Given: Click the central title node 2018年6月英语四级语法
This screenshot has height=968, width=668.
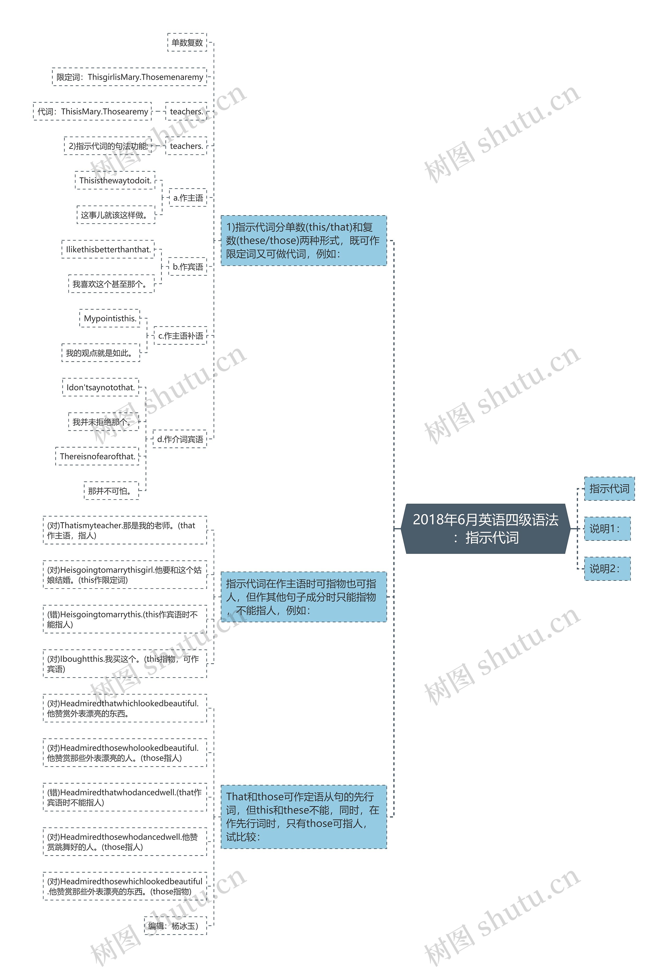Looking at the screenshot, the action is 486,528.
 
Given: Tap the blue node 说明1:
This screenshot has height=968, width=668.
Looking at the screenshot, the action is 607,529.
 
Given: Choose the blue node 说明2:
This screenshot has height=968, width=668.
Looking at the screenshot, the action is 607,568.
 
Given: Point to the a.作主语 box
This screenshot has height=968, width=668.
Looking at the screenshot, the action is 188,198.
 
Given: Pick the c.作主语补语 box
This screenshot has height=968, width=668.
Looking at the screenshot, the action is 180,336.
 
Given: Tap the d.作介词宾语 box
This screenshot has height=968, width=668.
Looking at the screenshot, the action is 180,439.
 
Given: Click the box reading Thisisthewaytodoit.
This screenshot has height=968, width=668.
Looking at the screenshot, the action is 115,180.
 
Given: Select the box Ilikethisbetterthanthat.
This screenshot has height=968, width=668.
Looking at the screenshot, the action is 108,249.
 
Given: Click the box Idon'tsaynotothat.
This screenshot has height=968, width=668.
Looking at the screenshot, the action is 100,388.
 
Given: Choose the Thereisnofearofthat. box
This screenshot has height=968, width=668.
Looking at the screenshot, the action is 98,456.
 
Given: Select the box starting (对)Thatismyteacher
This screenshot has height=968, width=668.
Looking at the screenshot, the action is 125,530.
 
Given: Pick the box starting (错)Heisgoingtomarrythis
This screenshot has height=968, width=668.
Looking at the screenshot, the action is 125,619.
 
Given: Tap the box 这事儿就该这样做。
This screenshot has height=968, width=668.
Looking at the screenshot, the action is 116,215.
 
